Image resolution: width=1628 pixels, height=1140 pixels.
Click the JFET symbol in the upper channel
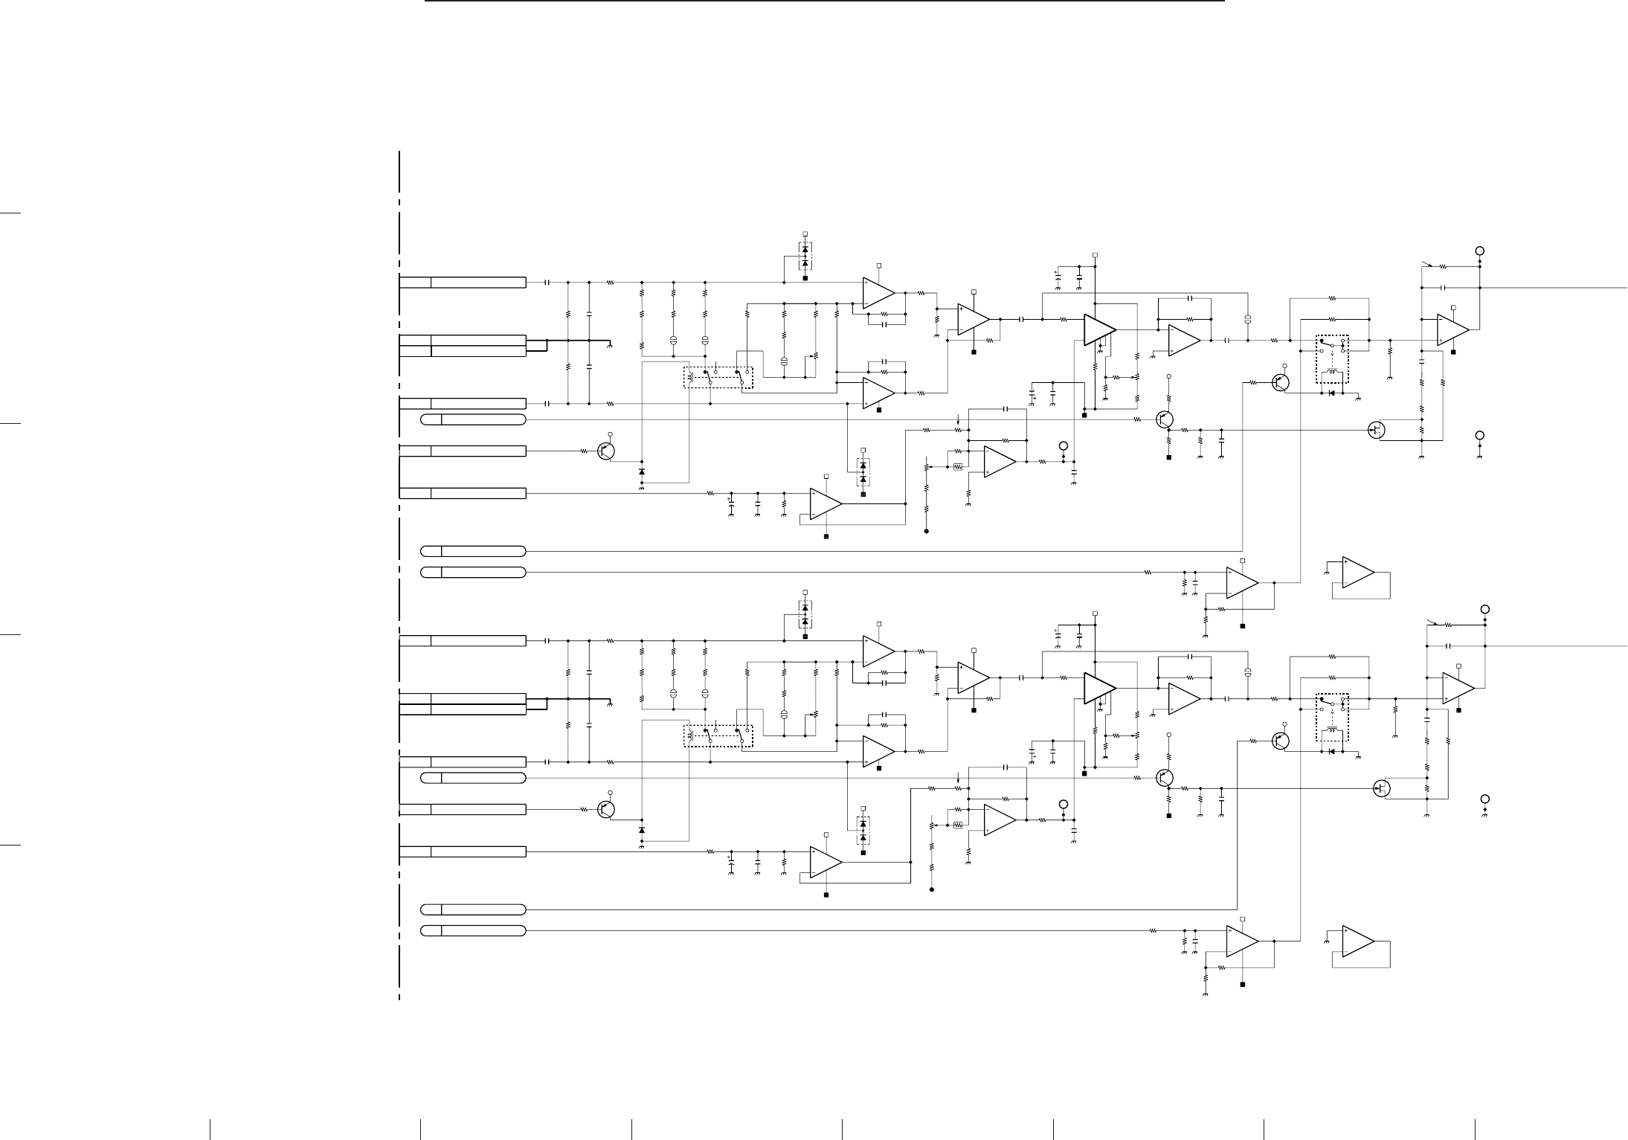[1377, 430]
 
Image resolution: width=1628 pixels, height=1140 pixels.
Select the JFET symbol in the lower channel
[1382, 788]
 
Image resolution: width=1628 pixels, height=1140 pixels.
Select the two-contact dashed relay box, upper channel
[718, 377]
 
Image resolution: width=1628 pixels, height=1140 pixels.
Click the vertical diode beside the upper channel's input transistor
[642, 471]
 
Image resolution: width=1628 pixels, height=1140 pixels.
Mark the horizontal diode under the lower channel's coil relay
[1331, 751]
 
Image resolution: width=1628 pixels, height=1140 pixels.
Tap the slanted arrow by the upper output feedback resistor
[1426, 263]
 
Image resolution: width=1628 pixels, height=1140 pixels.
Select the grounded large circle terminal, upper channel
[1480, 435]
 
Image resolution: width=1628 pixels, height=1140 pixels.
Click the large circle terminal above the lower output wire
[1485, 609]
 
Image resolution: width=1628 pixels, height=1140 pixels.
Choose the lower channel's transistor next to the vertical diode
[607, 809]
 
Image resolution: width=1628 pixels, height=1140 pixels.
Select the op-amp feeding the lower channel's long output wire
[1458, 688]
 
